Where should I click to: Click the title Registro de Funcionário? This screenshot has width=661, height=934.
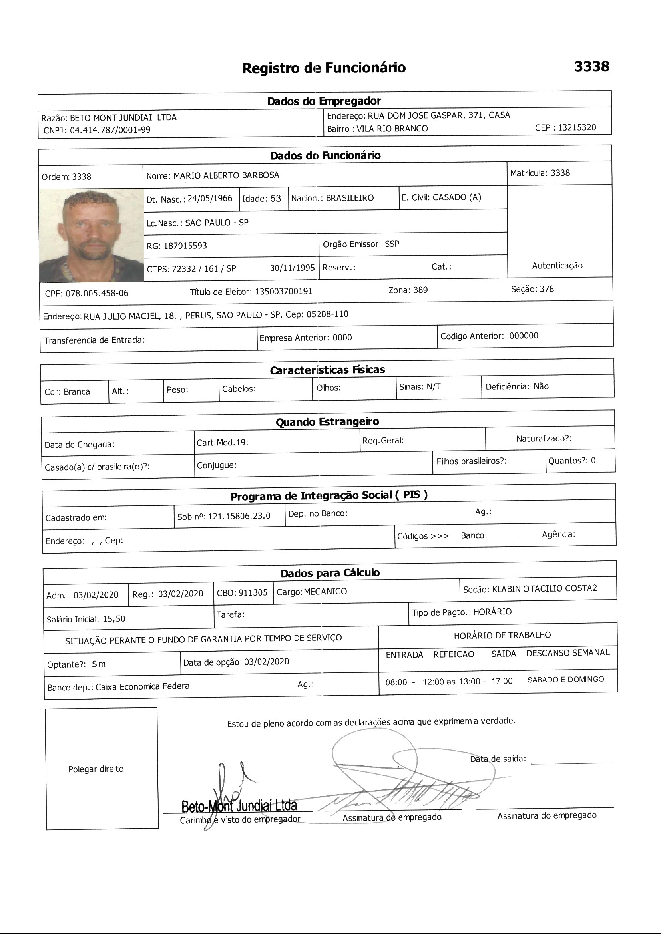[324, 68]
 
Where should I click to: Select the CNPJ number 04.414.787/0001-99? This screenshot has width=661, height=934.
[110, 130]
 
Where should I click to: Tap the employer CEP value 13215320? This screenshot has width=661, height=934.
[577, 127]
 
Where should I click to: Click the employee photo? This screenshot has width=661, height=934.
[92, 235]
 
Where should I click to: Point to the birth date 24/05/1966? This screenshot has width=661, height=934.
[210, 199]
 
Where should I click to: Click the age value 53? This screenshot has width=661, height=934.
[276, 199]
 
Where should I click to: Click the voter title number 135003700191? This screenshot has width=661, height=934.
[284, 292]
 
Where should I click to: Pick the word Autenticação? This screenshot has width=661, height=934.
[557, 266]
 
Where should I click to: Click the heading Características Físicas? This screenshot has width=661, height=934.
[327, 370]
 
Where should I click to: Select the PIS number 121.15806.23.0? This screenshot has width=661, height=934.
[239, 516]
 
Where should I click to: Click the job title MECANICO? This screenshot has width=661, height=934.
[326, 592]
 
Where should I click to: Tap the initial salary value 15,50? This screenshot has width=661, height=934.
[114, 619]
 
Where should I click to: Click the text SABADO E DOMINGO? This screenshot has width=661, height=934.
[565, 680]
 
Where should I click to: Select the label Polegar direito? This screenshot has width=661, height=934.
[96, 769]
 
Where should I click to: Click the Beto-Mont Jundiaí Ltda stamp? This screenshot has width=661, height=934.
[239, 805]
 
